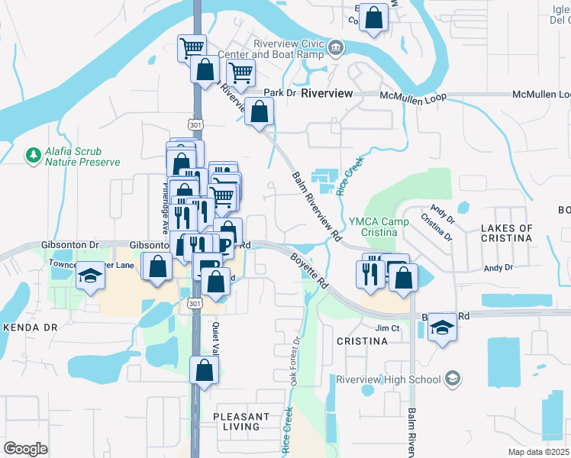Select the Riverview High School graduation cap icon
(453, 379)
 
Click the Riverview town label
(327, 93)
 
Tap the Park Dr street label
(279, 93)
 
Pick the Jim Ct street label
(388, 327)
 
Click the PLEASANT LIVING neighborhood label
(241, 421)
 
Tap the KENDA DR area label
(31, 327)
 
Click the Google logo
(25, 448)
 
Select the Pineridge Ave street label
(164, 207)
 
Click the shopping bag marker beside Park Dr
(260, 112)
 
